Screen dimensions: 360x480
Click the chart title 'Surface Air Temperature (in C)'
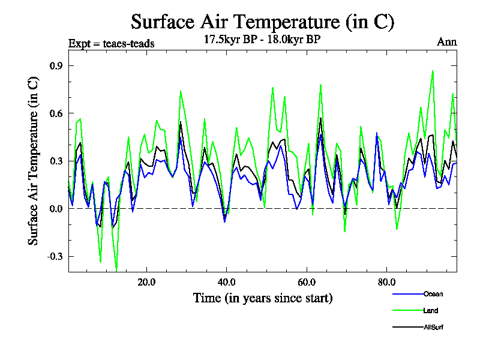click(x=262, y=22)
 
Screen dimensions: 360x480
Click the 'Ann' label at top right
click(x=447, y=42)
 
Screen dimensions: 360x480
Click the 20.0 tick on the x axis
click(x=146, y=281)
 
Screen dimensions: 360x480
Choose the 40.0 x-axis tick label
click(x=226, y=281)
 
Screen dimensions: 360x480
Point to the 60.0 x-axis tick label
click(x=307, y=281)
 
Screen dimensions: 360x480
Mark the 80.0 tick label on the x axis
click(x=386, y=281)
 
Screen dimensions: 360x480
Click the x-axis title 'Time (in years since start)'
click(x=262, y=298)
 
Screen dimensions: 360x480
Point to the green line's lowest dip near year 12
click(x=116, y=269)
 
